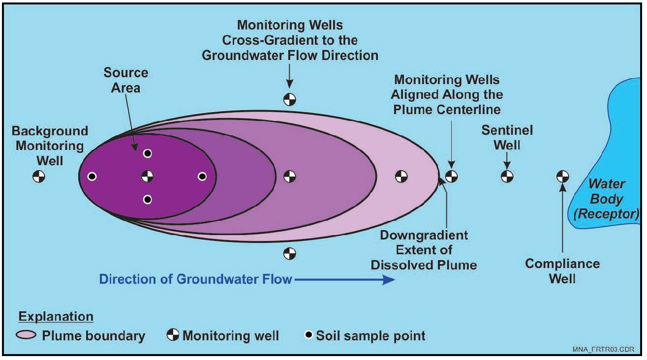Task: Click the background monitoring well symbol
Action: (39, 177)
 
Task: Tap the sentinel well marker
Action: (507, 177)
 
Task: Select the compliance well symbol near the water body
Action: (563, 177)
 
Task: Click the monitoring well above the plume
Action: (290, 100)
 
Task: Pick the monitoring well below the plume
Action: (290, 254)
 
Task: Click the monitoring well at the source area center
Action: (147, 177)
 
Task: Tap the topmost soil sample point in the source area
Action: (148, 153)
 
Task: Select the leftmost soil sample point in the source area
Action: (92, 176)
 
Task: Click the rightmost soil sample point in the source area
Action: (202, 176)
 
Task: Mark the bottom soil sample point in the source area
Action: (148, 200)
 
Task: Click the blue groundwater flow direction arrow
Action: (344, 279)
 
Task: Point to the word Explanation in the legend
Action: (56, 316)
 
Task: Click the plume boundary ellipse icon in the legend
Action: (26, 335)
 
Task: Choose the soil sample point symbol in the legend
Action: (309, 335)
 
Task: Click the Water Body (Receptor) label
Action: (607, 199)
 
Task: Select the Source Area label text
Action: (125, 80)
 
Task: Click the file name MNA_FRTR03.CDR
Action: (603, 349)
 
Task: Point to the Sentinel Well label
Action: (507, 138)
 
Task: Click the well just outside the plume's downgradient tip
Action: (451, 177)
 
